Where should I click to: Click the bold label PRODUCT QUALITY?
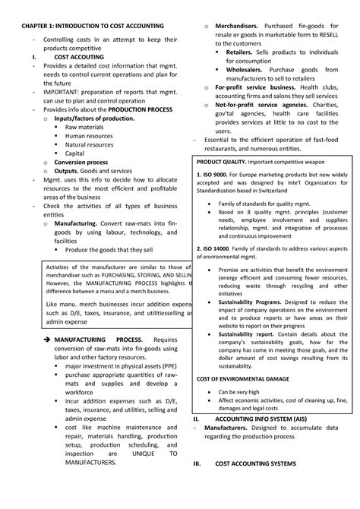point(225,163)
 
